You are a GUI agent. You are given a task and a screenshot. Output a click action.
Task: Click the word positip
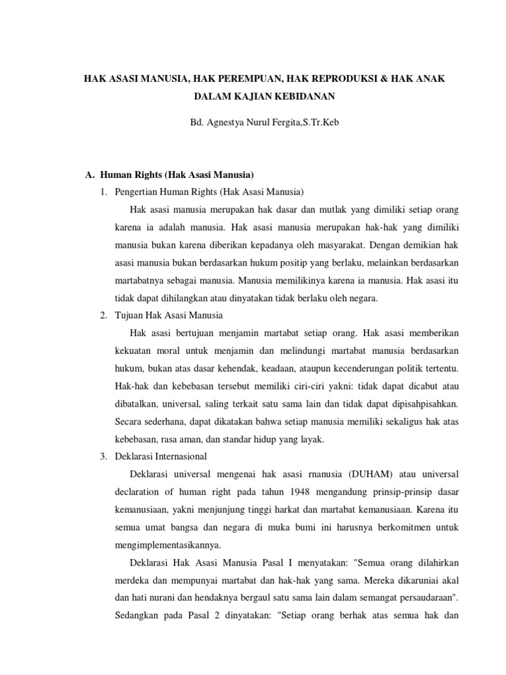(x=303, y=262)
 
